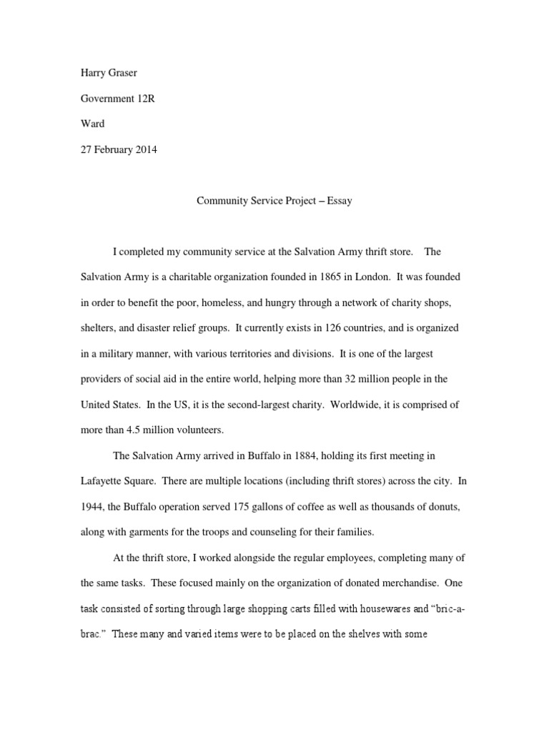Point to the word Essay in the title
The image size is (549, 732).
click(340, 201)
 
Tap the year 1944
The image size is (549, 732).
click(93, 506)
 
